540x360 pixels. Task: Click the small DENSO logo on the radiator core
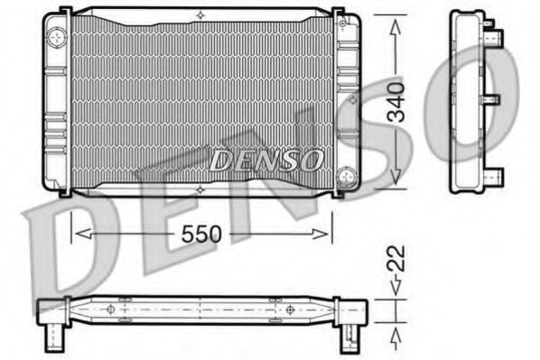265,160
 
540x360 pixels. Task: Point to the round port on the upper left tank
58,37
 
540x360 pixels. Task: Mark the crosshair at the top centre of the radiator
199,13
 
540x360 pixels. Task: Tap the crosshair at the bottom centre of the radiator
199,189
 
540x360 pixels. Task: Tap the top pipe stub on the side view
495,37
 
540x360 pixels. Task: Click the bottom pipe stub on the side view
495,173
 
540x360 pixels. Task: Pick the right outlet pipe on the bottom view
349,339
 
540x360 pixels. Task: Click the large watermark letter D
68,248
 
